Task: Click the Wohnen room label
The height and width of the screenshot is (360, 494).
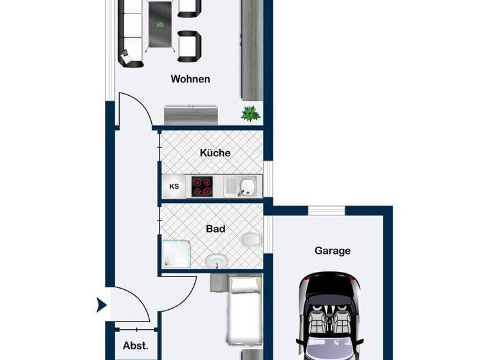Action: coord(190,79)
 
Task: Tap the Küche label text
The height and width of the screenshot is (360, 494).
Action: coord(215,153)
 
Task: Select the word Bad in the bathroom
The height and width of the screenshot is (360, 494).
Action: coord(215,228)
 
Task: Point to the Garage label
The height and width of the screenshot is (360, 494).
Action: coord(332,250)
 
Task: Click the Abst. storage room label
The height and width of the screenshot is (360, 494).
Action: coord(136,345)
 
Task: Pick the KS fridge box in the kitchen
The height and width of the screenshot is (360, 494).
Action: coord(174,187)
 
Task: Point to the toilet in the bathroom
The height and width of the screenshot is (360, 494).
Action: coord(252,240)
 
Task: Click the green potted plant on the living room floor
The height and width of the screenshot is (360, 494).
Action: coord(250,114)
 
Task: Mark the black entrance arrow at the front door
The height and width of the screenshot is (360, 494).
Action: coord(101,305)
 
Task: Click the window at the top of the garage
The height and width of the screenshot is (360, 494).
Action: coord(327,210)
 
